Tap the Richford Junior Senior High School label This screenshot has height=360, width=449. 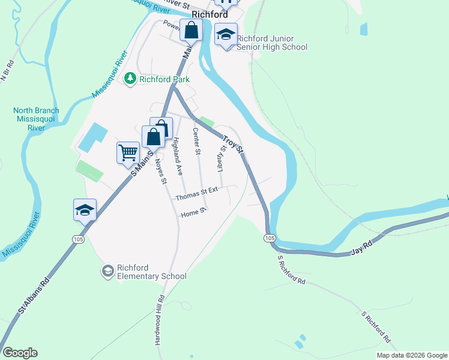point(272,43)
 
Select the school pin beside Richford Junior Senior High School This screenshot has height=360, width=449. point(226,35)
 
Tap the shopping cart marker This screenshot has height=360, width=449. point(128,152)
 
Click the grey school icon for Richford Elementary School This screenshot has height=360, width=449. point(107,271)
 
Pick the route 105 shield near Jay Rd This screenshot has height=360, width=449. point(268,238)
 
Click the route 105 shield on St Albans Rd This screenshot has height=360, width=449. point(78,239)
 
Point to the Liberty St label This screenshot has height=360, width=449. point(221,158)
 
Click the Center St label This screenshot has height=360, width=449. point(196,142)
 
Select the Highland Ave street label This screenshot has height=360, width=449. point(177,157)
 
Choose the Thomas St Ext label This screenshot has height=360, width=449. point(196,195)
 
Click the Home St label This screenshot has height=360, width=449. point(193,212)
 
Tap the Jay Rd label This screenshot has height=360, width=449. point(361,247)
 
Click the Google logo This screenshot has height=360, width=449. point(20,353)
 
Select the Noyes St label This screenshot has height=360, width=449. point(160,170)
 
